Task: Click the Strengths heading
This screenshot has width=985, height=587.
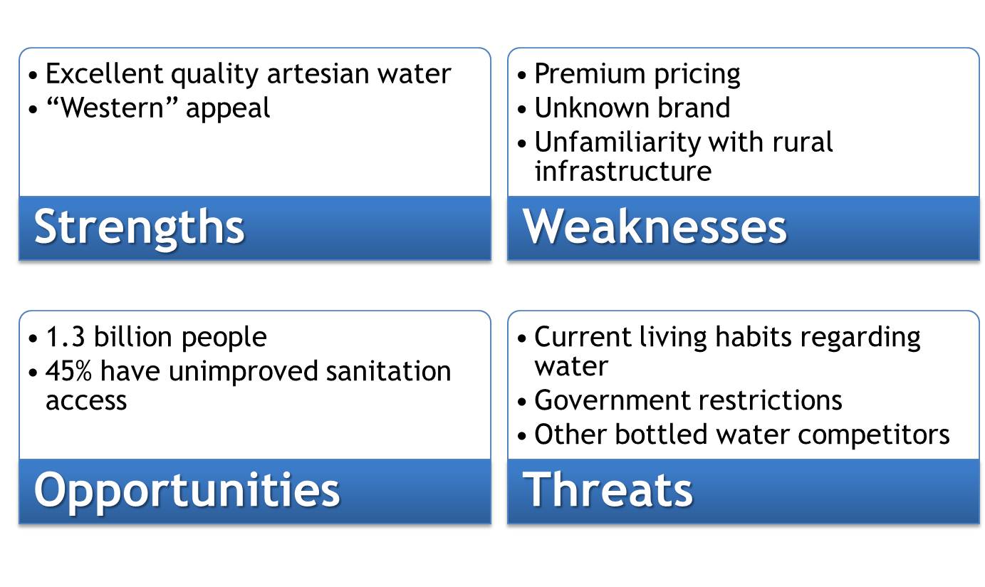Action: click(x=140, y=227)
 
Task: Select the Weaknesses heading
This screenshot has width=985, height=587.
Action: click(x=655, y=227)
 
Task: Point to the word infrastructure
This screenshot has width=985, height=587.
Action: click(x=622, y=172)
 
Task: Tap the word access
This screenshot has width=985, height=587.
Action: click(x=86, y=400)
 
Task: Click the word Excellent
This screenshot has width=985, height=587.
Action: click(x=105, y=74)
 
